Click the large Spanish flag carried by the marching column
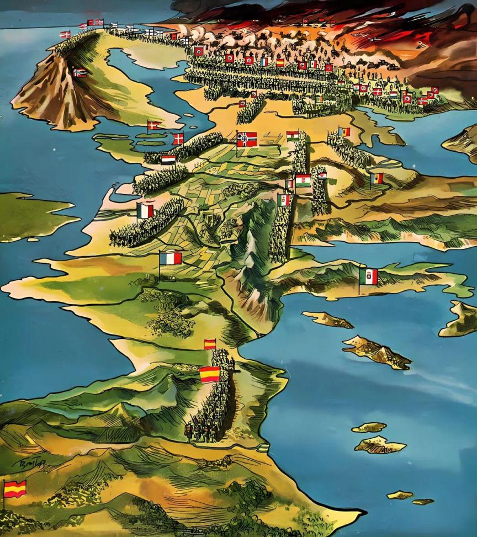(x=209, y=374)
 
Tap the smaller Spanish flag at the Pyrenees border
(x=210, y=344)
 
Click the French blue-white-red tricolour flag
(x=171, y=258)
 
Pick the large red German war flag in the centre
(x=247, y=139)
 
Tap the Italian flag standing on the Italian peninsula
(x=368, y=276)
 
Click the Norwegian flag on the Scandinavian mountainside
(x=80, y=72)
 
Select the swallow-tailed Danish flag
(x=154, y=125)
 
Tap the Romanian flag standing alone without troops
(x=376, y=178)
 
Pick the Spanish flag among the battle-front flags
(x=280, y=62)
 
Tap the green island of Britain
(x=33, y=215)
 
